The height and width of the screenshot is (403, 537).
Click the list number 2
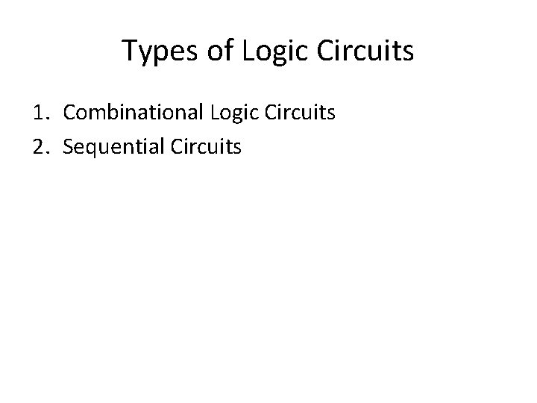pos(40,147)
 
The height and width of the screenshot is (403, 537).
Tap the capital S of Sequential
pos(69,147)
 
